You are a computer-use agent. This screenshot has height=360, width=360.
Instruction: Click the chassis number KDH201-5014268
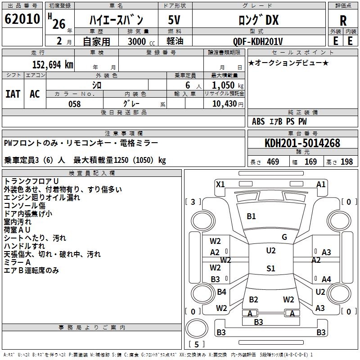pyautogui.click(x=302, y=143)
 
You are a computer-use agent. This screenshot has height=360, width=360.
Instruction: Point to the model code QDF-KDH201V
pyautogui.click(x=258, y=41)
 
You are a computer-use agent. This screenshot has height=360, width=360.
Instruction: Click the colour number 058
pyautogui.click(x=74, y=103)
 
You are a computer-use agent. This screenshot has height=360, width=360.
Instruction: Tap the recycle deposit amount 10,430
pyautogui.click(x=224, y=103)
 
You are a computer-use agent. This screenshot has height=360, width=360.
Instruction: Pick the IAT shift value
pyautogui.click(x=13, y=94)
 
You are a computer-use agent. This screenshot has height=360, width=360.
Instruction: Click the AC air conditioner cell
pyautogui.click(x=35, y=94)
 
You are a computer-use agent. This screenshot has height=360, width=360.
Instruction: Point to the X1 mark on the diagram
pyautogui.click(x=220, y=184)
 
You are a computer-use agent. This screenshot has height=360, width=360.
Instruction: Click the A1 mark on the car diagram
pyautogui.click(x=321, y=184)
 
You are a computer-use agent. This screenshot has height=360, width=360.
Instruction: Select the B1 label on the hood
pyautogui.click(x=251, y=216)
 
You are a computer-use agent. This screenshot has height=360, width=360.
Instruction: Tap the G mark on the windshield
pyautogui.click(x=284, y=237)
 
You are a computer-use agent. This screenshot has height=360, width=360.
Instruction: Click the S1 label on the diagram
pyautogui.click(x=270, y=269)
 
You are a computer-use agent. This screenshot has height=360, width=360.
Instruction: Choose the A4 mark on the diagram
pyautogui.click(x=326, y=279)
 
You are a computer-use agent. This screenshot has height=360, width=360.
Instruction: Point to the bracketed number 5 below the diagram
pyautogui.click(x=196, y=344)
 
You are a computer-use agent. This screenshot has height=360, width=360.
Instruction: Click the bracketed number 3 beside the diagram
pyautogui.click(x=193, y=202)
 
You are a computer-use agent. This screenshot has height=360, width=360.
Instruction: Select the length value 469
pyautogui.click(x=273, y=162)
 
